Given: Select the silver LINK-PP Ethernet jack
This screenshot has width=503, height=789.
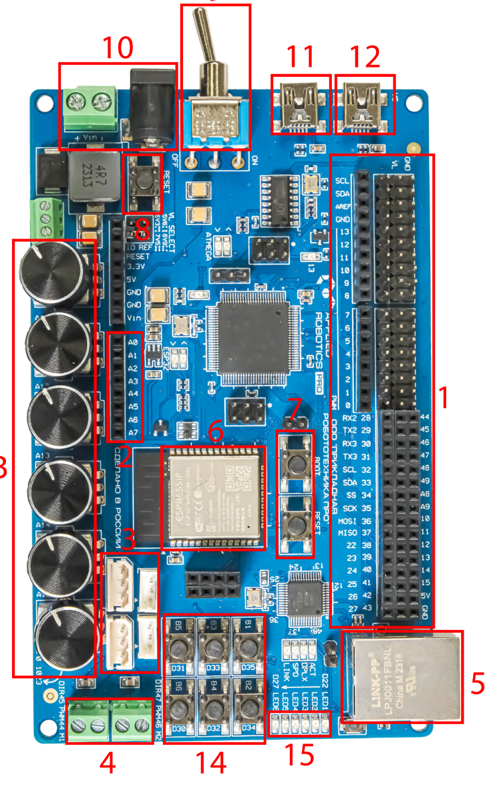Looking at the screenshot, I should pos(403,675).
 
